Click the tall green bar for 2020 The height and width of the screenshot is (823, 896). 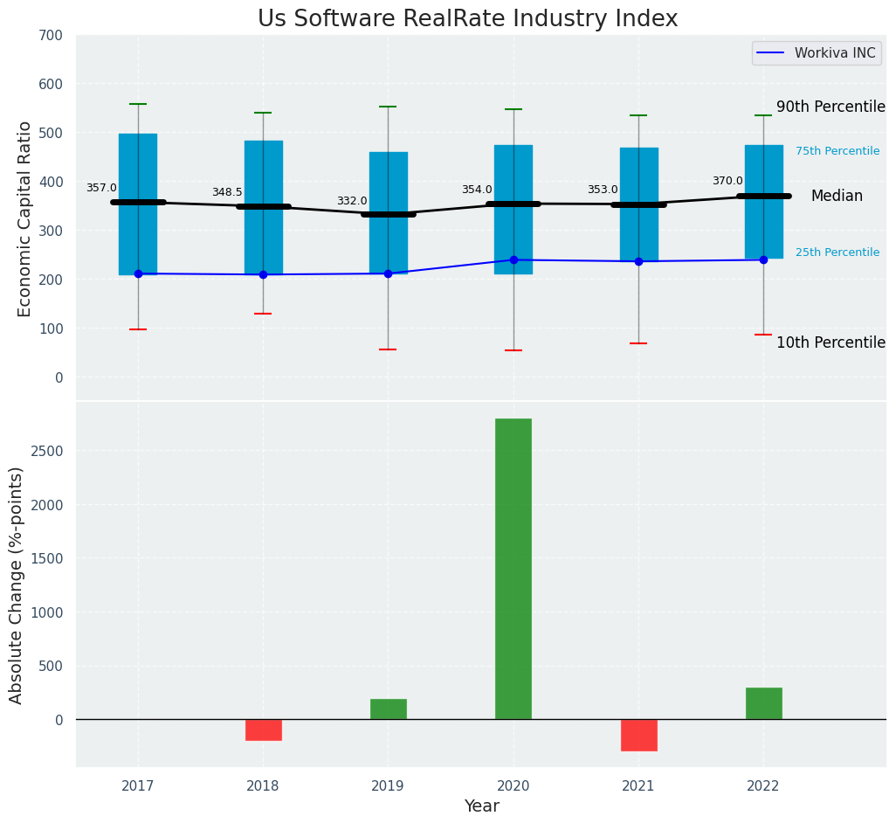(x=513, y=568)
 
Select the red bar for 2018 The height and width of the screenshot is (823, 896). (x=263, y=730)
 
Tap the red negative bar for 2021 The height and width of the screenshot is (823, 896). (x=638, y=735)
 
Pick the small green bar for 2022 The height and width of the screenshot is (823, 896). (x=763, y=703)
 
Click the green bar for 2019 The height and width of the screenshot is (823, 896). (x=388, y=709)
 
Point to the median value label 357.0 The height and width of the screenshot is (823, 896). (x=101, y=188)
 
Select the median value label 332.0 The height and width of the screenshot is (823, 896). (x=352, y=201)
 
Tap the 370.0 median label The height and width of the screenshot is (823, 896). (x=727, y=181)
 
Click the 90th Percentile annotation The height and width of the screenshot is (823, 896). (x=831, y=107)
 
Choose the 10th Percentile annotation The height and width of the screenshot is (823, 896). (x=831, y=342)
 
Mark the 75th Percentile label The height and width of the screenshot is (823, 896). (x=837, y=151)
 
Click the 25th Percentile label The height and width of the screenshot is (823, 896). (x=837, y=252)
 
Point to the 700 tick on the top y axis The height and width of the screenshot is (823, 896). (x=51, y=35)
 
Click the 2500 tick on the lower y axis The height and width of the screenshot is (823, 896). (x=45, y=451)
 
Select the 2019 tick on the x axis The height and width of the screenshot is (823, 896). (x=388, y=785)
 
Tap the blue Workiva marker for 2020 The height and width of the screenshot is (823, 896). (x=513, y=259)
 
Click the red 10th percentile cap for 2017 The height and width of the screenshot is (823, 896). (x=138, y=329)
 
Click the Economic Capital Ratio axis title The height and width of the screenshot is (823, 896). (x=24, y=218)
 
